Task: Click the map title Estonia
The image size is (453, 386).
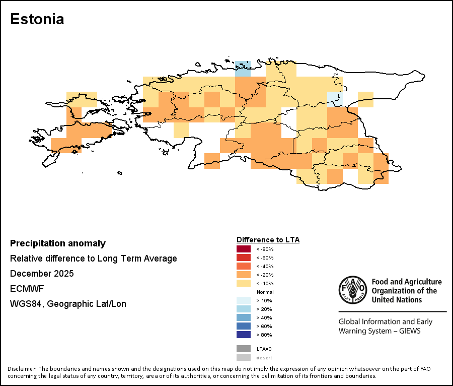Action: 37,20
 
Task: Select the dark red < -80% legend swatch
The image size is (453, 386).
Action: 243,249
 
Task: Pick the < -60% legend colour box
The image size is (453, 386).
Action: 243,258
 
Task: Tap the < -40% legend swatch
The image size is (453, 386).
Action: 243,266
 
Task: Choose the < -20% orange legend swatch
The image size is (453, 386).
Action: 243,275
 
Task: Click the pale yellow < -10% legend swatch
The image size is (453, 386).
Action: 243,283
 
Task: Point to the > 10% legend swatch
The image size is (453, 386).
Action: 243,300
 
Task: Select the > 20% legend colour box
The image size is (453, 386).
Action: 243,309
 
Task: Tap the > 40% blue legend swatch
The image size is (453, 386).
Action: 243,317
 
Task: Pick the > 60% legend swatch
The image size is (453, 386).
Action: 243,326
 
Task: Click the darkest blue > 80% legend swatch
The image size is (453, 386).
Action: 243,335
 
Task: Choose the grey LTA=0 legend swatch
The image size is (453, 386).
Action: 243,349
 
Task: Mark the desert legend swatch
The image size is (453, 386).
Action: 243,357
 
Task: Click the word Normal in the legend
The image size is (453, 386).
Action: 265,292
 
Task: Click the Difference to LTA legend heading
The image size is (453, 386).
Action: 268,240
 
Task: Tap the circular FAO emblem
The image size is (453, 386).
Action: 352,290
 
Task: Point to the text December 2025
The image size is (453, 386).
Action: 42,274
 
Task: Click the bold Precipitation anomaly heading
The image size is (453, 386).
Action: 58,243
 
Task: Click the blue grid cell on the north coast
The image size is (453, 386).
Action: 243,69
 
